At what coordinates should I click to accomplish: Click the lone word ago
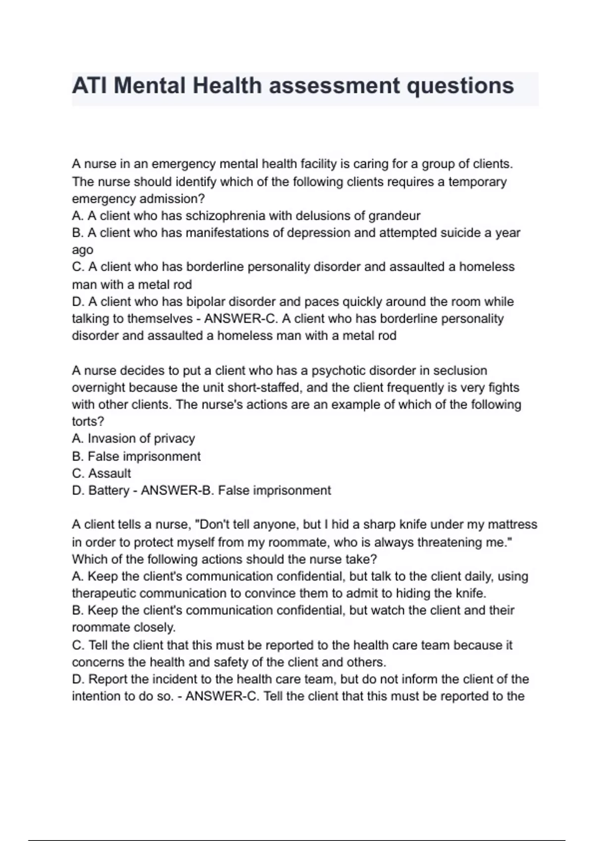pyautogui.click(x=82, y=250)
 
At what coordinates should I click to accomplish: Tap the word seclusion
pyautogui.click(x=453, y=371)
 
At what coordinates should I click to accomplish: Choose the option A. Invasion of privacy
pyautogui.click(x=133, y=438)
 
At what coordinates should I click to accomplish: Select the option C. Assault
pyautogui.click(x=101, y=473)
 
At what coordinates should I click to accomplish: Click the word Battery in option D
pyautogui.click(x=108, y=490)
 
